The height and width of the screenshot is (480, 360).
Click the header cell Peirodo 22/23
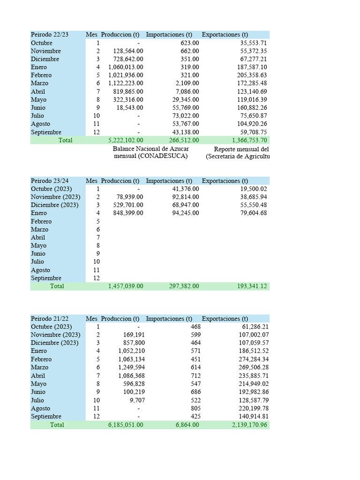pyautogui.click(x=50, y=35)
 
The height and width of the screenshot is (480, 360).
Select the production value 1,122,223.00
pyautogui.click(x=126, y=83)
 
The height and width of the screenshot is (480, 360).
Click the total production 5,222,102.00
pyautogui.click(x=126, y=140)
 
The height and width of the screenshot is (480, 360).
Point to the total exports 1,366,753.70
pyautogui.click(x=249, y=140)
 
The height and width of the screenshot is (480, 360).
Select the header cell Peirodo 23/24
pyautogui.click(x=50, y=181)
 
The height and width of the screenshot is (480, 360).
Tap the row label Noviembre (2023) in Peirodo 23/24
pyautogui.click(x=56, y=197)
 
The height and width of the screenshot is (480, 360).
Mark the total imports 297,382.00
pyautogui.click(x=184, y=286)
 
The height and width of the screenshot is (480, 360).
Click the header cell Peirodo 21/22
pyautogui.click(x=50, y=319)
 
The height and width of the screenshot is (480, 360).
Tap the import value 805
pyautogui.click(x=195, y=408)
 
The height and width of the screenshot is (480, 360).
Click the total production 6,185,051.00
pyautogui.click(x=126, y=425)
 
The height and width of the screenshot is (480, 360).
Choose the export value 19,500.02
pyautogui.click(x=253, y=189)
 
